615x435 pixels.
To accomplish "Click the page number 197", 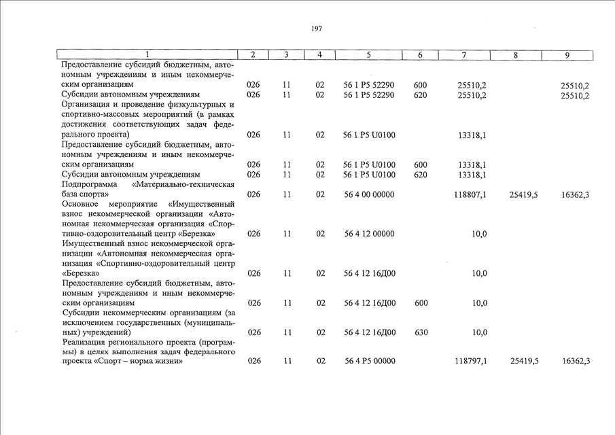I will tap(317, 29).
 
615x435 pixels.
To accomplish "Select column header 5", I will tap(368, 55).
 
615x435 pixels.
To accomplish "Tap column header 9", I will tap(567, 55).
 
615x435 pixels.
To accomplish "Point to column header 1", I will tap(147, 55).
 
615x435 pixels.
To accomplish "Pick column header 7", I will tap(463, 55).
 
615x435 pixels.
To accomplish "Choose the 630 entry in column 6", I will tap(420, 332).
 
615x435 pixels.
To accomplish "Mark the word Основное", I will tap(81, 204).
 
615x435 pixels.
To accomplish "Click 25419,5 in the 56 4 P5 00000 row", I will tap(524, 361).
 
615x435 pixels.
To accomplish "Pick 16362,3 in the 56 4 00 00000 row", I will tap(575, 194).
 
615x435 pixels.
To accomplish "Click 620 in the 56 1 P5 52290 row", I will tap(420, 95).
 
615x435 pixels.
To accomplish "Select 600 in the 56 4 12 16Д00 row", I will tap(420, 303).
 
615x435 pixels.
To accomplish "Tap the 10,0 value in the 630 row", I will tap(479, 332).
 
